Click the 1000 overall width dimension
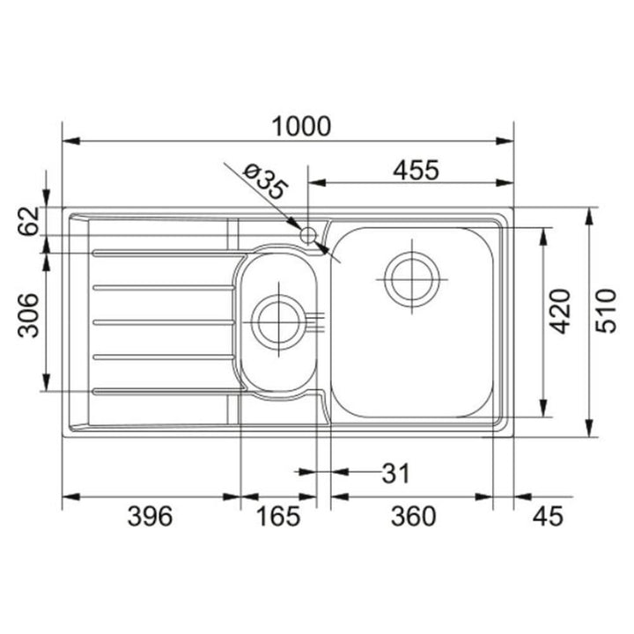[x=301, y=126]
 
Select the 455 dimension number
[x=416, y=170]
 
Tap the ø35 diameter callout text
[x=266, y=182]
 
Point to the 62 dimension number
[x=28, y=221]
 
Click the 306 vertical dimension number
[x=28, y=315]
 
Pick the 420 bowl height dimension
[x=560, y=311]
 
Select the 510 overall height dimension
[x=607, y=311]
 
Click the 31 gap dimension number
[x=396, y=473]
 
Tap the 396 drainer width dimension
[x=150, y=516]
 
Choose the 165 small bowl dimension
[x=278, y=516]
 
